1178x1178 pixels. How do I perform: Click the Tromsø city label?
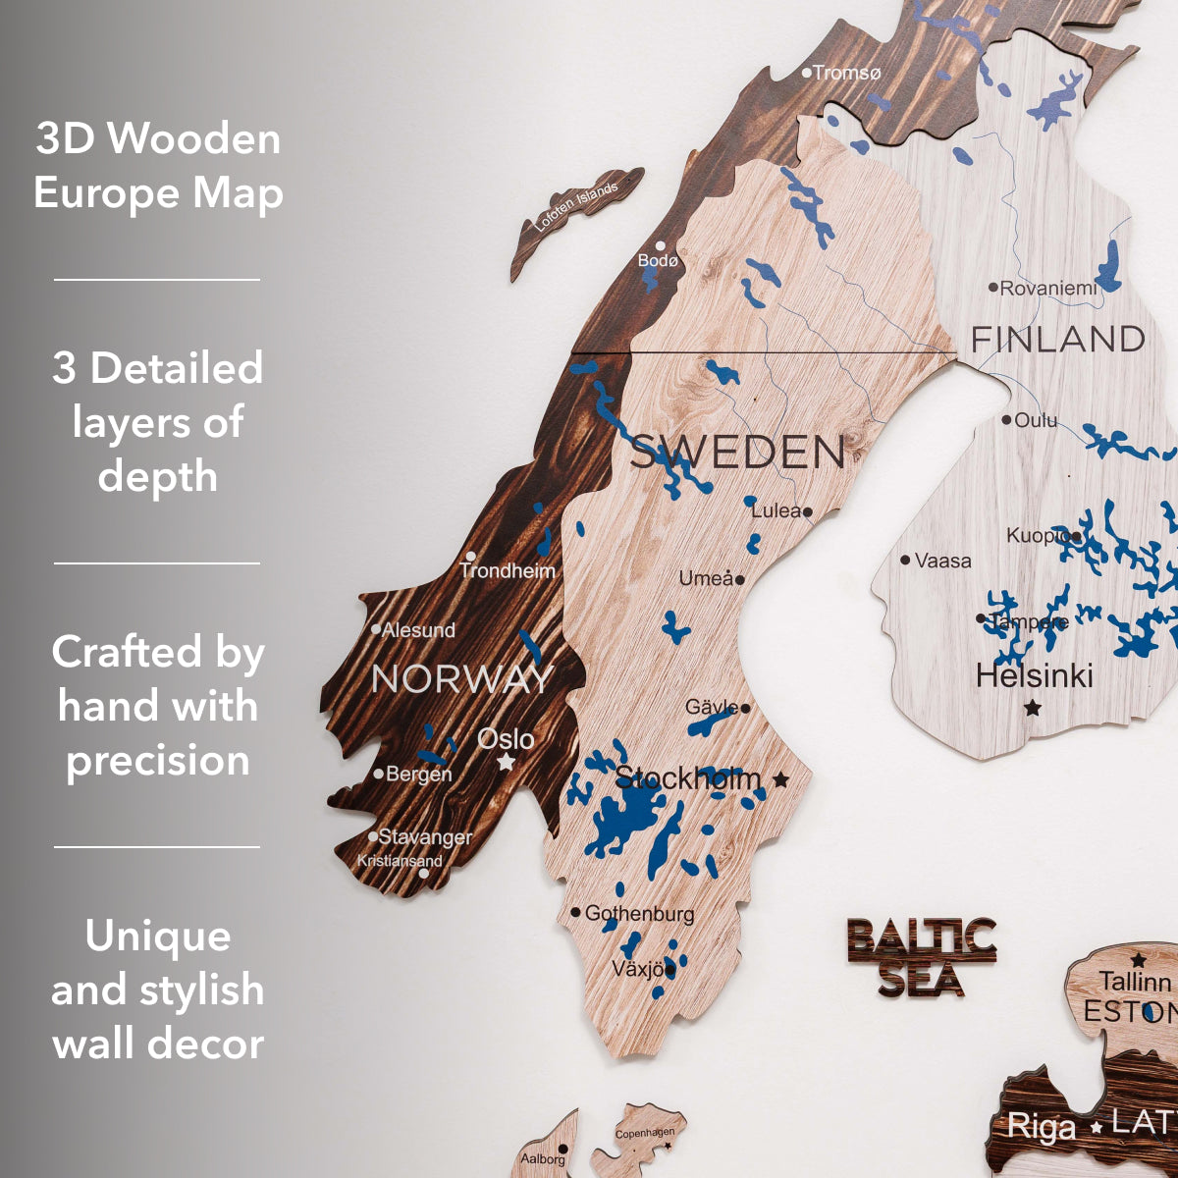847,73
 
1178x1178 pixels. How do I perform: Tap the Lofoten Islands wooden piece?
577,209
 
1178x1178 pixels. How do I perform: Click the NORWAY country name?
461,679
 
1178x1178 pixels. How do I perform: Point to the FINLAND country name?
1057,340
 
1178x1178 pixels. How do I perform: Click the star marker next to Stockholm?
780,779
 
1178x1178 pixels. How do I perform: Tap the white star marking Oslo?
506,762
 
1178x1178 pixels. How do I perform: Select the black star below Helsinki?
1032,707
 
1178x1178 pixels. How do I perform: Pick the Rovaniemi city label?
1048,288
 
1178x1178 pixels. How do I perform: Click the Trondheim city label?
508,570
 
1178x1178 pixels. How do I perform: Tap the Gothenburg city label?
639,913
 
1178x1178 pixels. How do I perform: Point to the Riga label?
1042,1127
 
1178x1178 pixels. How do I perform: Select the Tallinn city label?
1134,982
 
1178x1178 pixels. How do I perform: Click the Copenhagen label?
644,1134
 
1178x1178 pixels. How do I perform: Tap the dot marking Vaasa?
905,560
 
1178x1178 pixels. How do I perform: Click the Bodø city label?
658,260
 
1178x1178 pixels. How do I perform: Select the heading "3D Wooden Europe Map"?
158,165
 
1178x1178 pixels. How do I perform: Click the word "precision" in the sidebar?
158,761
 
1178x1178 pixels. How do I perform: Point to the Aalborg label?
542,1159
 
